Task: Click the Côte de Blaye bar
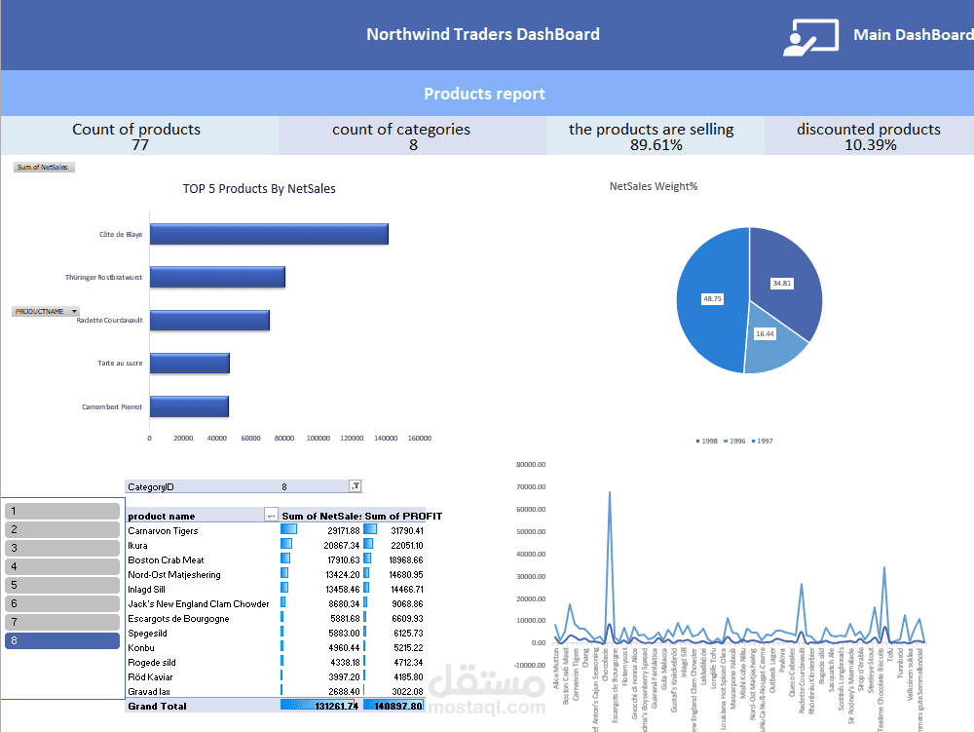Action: (268, 234)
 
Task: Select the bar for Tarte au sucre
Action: (189, 363)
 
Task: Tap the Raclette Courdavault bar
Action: (209, 320)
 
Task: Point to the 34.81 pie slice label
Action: (781, 283)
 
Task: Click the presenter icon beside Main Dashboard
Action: (809, 36)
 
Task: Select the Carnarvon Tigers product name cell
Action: (163, 531)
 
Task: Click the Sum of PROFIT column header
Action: (403, 516)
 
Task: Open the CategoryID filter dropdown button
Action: (355, 486)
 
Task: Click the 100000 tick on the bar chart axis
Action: (318, 439)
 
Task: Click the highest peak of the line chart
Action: (610, 493)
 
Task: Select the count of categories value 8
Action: (413, 145)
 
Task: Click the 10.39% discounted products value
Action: (869, 145)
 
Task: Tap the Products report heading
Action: (484, 95)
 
